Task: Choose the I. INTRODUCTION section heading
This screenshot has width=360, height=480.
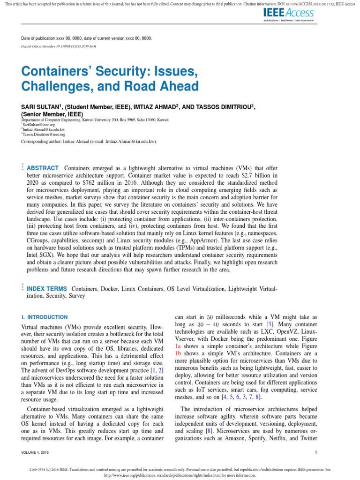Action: (x=45, y=317)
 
